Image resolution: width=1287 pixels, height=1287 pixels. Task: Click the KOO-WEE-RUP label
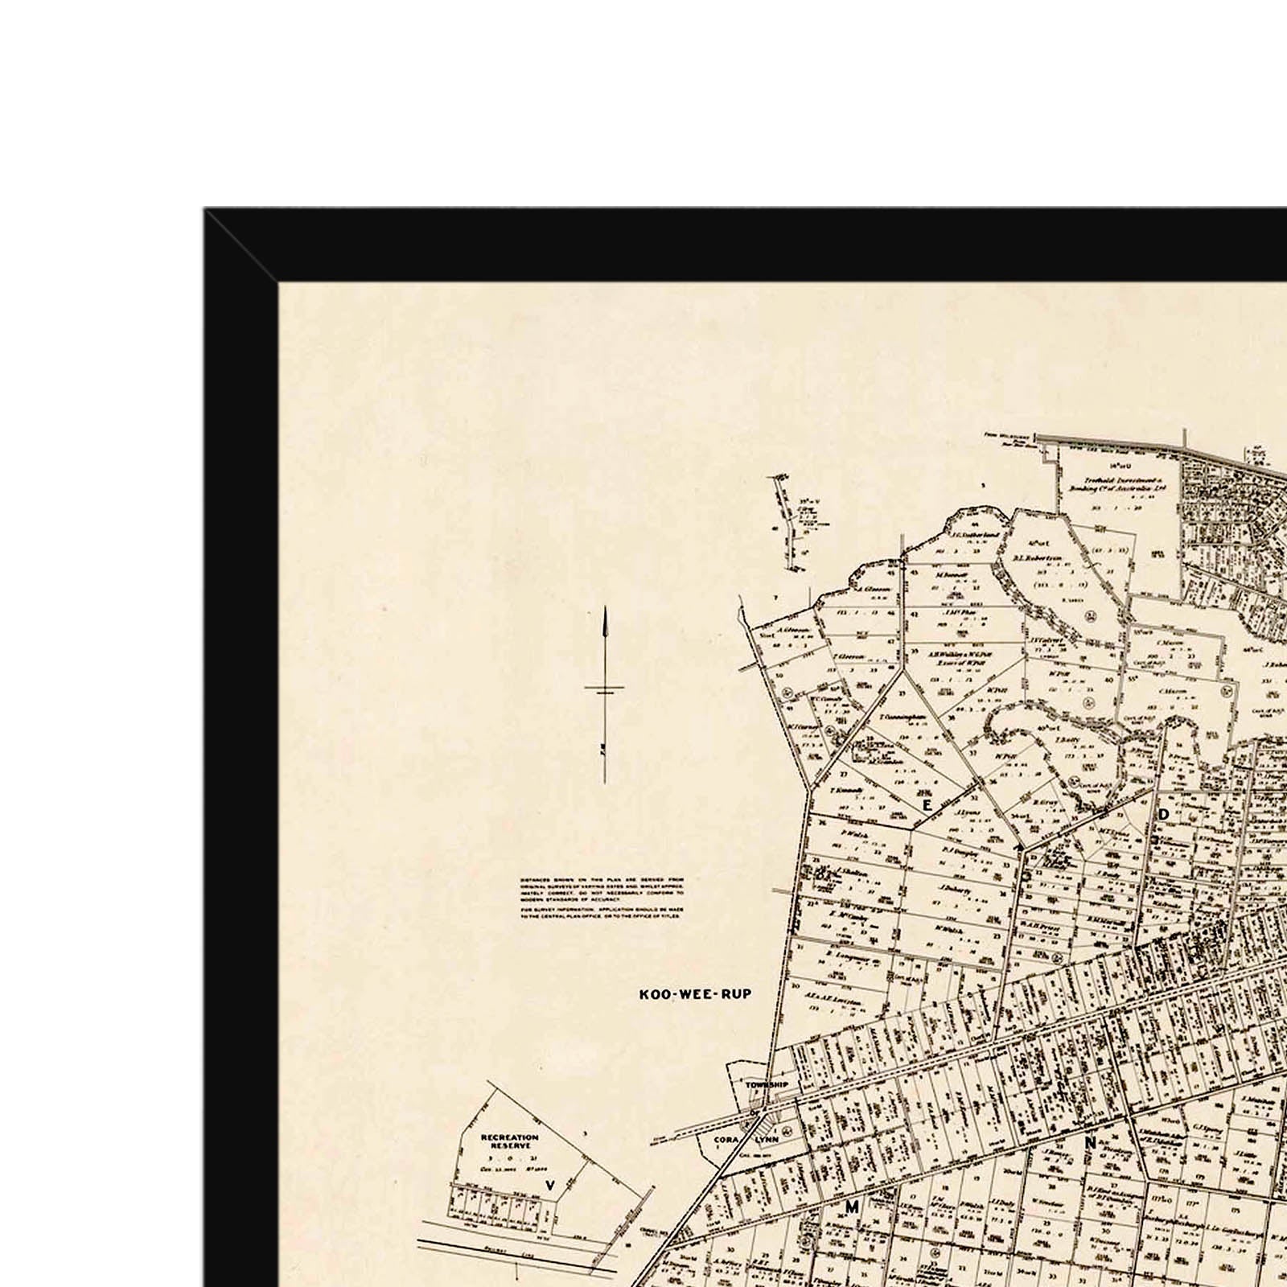(695, 994)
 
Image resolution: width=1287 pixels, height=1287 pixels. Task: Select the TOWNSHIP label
(767, 1084)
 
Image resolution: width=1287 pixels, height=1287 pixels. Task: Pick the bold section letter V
(550, 1185)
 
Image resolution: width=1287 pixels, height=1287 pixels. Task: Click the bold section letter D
(1163, 814)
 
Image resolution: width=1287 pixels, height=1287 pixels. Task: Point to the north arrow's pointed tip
(605, 610)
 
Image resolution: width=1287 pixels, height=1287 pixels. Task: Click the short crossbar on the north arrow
(605, 689)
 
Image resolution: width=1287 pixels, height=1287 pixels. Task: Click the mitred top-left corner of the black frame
(241, 245)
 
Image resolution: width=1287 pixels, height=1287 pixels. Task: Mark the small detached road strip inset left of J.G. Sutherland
(787, 519)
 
